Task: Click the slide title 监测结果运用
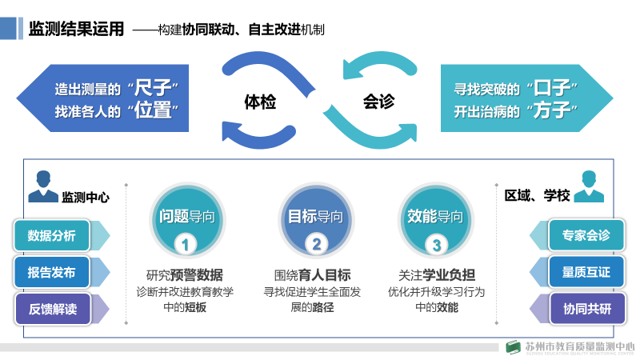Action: tap(76, 30)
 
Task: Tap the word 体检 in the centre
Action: tap(261, 102)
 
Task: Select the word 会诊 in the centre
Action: tap(378, 102)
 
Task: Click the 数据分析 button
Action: tap(52, 235)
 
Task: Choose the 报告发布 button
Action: tap(52, 272)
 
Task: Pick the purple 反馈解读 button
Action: tap(52, 309)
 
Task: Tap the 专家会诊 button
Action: tap(586, 235)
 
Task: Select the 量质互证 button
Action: tap(586, 272)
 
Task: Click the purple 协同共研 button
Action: tap(586, 309)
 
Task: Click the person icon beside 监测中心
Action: tap(42, 187)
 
